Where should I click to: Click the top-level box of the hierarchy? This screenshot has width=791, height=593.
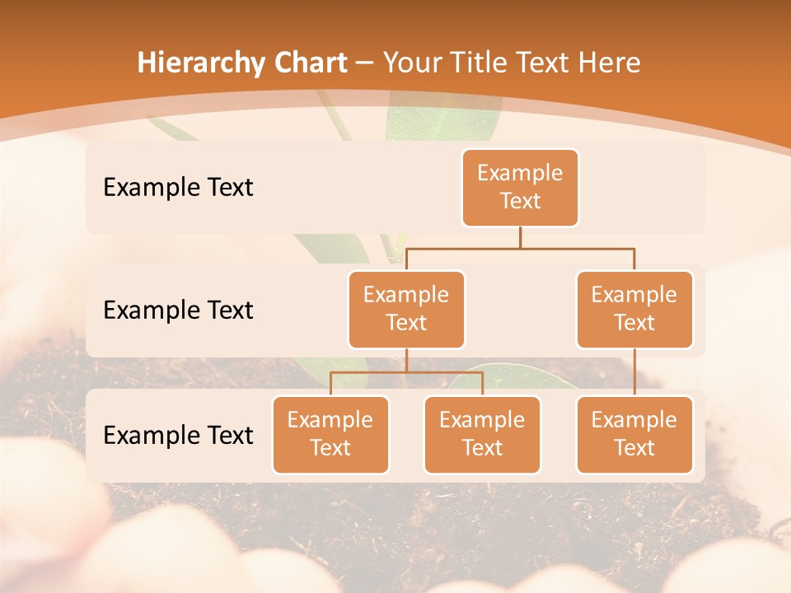[520, 188]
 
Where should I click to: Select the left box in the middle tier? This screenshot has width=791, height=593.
[406, 310]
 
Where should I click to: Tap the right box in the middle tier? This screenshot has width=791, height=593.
[634, 310]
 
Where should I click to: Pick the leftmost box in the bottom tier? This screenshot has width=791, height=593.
[330, 435]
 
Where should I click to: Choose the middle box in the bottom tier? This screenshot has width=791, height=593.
[482, 435]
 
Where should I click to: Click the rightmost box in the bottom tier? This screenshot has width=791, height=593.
[634, 435]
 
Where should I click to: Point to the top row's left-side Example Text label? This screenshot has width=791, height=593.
[178, 188]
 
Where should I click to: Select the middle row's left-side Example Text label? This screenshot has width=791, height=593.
[178, 311]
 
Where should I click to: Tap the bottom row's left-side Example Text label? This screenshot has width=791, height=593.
[178, 436]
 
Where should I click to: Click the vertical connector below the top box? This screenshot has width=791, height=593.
[520, 237]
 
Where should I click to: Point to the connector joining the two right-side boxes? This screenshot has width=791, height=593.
[634, 372]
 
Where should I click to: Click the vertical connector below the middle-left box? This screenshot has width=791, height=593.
[406, 360]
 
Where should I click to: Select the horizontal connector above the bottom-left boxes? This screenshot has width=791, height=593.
[406, 372]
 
